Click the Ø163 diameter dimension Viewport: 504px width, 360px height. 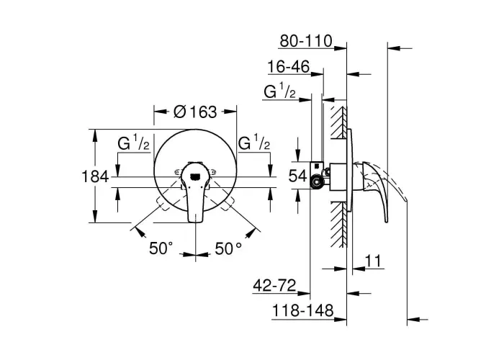coord(195,112)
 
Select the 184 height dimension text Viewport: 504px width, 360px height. coord(96,177)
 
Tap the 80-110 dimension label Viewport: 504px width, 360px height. coord(306,41)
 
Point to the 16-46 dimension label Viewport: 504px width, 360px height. coord(288,67)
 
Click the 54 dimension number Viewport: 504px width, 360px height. coord(298,176)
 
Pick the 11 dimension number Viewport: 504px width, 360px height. coord(373,261)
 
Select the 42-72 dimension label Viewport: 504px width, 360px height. coord(274,285)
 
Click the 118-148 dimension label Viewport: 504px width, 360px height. coord(303,311)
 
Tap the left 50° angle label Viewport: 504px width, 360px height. coord(161,248)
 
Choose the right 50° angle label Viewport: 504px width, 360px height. coord(228,248)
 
